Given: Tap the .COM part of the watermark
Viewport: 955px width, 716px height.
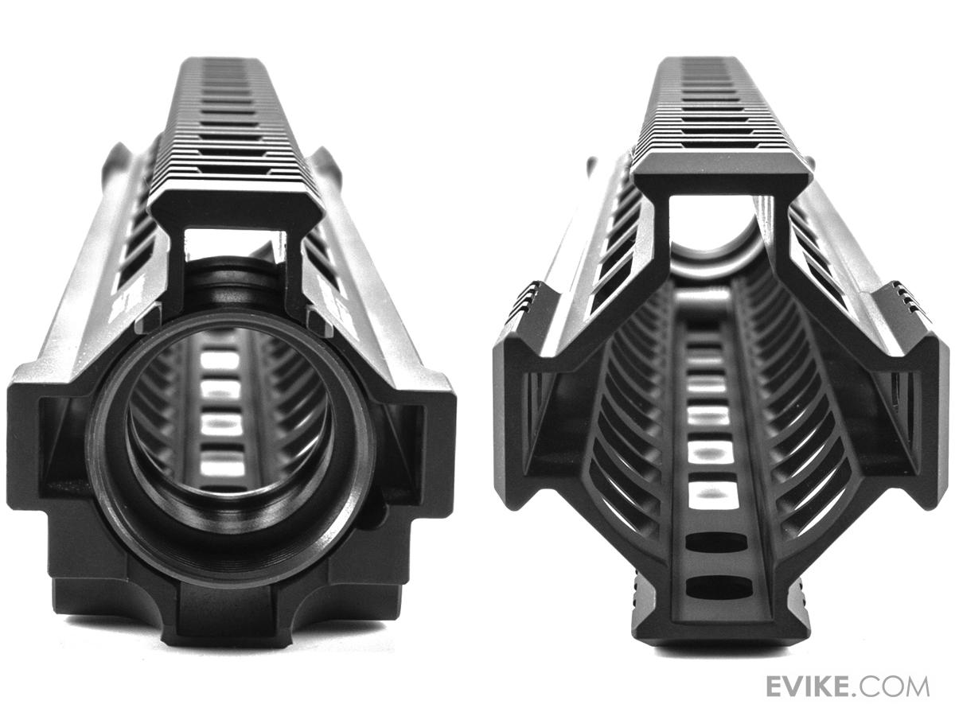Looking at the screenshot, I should tap(895, 687).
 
